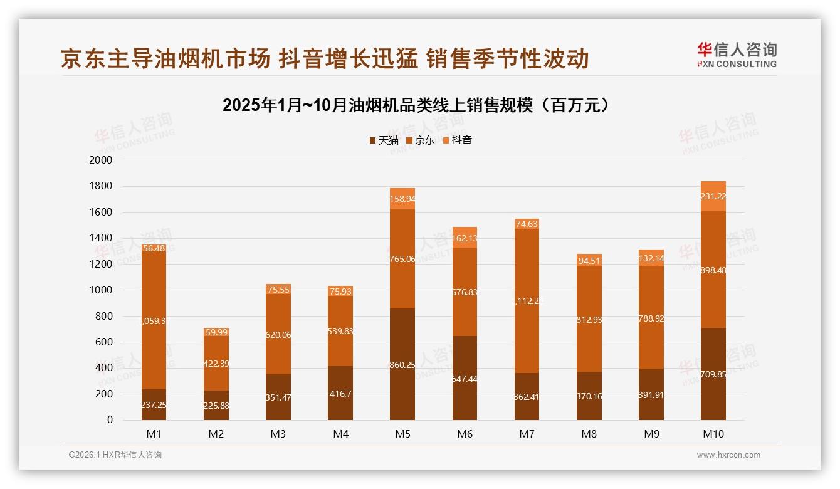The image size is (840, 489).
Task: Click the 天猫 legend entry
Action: (x=384, y=140)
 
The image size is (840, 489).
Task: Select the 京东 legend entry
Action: (x=421, y=140)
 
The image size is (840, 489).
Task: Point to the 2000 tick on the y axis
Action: (x=101, y=160)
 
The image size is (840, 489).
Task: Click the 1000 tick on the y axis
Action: (x=101, y=290)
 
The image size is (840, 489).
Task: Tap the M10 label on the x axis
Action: (x=713, y=434)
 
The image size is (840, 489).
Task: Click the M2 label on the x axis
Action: (x=216, y=434)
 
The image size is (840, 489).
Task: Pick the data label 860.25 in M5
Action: (x=402, y=365)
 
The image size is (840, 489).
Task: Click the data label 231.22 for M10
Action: (x=713, y=197)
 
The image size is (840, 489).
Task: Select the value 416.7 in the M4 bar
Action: (x=340, y=394)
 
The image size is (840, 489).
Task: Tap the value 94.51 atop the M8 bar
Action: (x=589, y=261)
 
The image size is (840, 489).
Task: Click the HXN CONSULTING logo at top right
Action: (x=737, y=55)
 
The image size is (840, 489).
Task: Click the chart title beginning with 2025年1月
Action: (x=416, y=105)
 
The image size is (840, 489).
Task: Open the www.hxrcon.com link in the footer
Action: (x=728, y=455)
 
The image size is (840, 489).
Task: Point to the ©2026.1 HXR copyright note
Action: (x=115, y=455)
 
